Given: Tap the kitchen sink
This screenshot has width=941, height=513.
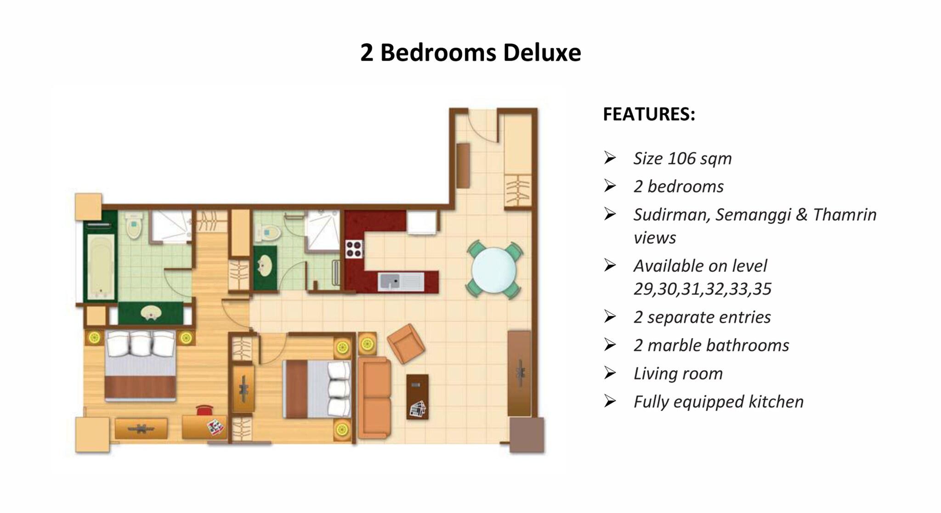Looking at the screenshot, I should coord(401,282).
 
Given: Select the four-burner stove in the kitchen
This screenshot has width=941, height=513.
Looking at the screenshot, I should coord(354,249).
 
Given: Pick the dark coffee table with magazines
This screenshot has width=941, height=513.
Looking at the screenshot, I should coord(417,396).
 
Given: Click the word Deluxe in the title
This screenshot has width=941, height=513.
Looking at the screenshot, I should coord(542,52).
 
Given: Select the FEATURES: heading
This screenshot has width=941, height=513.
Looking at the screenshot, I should coord(649,114).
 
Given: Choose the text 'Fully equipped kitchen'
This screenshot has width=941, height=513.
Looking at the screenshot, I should coord(718,402).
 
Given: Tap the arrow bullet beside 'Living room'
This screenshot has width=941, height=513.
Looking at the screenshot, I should coord(610,373).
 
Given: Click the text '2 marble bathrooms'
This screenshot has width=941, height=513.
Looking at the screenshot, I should coord(711,345).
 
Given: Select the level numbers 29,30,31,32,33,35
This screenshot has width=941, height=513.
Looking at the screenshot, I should coord(702,289).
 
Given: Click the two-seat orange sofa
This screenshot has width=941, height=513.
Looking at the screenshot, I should coord(374,397).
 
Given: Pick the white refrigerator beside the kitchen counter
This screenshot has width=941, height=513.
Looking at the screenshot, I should coord(421,223).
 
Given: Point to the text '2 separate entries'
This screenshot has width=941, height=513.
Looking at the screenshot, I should coord(702,317).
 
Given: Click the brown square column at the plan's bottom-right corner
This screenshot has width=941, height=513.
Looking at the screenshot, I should coord(527,434).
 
